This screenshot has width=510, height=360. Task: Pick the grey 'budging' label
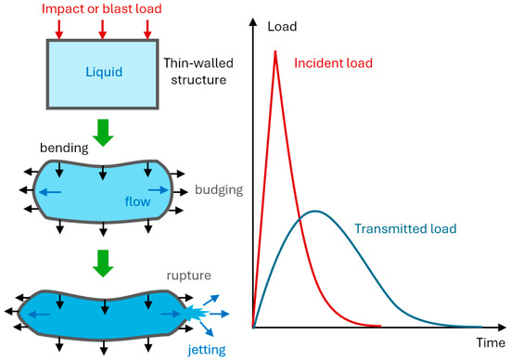pyautogui.click(x=219, y=189)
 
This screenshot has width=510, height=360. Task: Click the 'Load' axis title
pyautogui.click(x=282, y=27)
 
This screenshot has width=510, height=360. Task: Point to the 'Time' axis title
pyautogui.click(x=491, y=342)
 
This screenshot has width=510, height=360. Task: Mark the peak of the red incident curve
pyautogui.click(x=275, y=51)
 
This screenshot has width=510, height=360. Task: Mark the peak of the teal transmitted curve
pyautogui.click(x=316, y=211)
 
